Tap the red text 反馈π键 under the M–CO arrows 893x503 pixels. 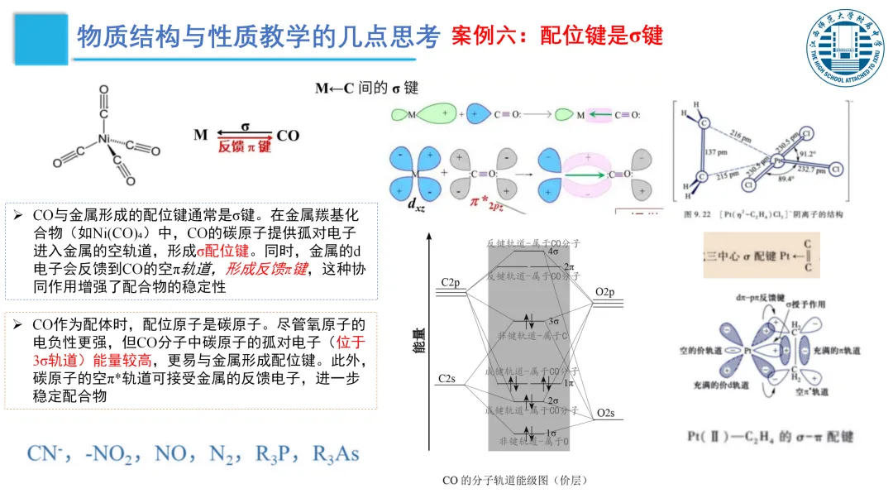pyautogui.click(x=245, y=146)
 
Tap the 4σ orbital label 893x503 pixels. pyautogui.click(x=553, y=251)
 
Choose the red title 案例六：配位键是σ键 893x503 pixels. pyautogui.click(x=557, y=36)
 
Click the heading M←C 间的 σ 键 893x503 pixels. pyautogui.click(x=366, y=88)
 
